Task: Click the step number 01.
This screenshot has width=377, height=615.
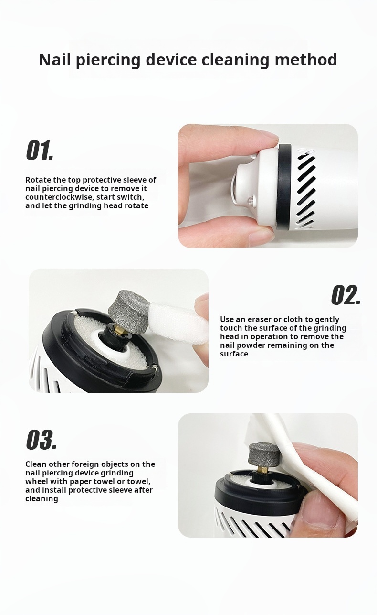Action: (x=40, y=150)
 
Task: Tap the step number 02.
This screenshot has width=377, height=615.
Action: (x=346, y=295)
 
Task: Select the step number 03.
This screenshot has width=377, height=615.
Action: (x=42, y=440)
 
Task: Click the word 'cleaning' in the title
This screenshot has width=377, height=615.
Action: (x=235, y=60)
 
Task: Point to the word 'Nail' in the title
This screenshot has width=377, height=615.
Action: (x=55, y=59)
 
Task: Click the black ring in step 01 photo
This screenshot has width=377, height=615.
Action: (x=283, y=187)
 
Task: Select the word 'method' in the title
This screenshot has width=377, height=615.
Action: (x=306, y=59)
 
